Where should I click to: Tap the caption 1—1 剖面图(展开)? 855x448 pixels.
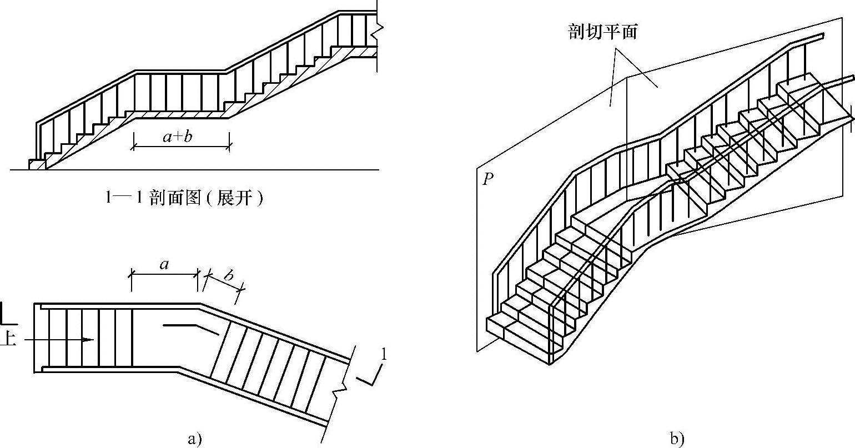pyautogui.click(x=184, y=198)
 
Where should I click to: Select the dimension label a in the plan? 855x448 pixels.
pyautogui.click(x=164, y=265)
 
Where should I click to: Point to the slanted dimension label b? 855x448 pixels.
pyautogui.click(x=228, y=276)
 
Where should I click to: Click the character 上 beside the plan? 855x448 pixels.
pyautogui.click(x=8, y=339)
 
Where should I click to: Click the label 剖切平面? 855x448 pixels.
pyautogui.click(x=602, y=32)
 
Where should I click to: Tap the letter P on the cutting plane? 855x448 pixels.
pyautogui.click(x=487, y=179)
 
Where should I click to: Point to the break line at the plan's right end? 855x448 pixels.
pyautogui.click(x=340, y=389)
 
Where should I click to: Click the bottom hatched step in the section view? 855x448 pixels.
pyautogui.click(x=38, y=164)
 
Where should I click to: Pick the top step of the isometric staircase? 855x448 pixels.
pyautogui.click(x=799, y=89)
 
